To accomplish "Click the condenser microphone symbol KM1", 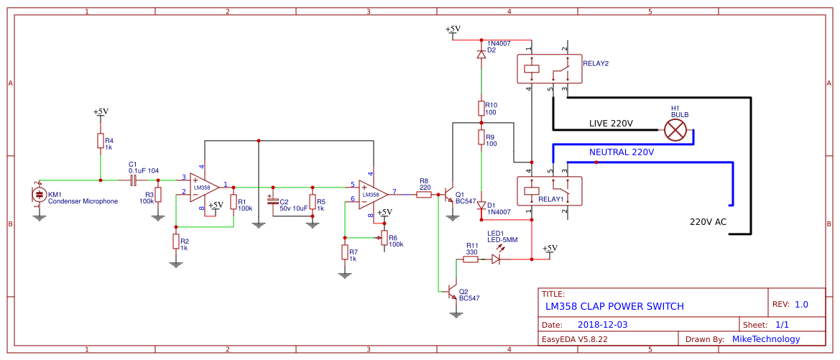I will coord(39,195).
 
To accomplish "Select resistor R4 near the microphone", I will coord(100,141).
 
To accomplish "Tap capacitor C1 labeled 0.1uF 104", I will coord(134,180).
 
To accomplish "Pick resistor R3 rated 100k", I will coord(158,195).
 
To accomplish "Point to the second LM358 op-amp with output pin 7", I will coord(372,194).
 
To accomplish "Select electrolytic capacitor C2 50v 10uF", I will coord(272,201).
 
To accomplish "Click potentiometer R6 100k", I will coord(384,237).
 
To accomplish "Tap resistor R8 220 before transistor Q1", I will coord(424,194).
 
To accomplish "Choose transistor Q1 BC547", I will coord(450,195).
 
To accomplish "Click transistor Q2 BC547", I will coord(453,292).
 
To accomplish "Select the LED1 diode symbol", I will coord(496,259).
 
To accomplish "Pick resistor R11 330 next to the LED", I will coord(471,259).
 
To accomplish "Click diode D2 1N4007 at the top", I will coord(481,55).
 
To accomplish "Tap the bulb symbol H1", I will coord(675,129).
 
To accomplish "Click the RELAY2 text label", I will coord(596,63).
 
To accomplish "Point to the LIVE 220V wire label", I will coord(611,123).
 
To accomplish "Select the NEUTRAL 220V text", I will coord(622,152).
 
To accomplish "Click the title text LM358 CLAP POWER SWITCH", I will coord(614,306).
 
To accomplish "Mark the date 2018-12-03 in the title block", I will coord(602,325).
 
